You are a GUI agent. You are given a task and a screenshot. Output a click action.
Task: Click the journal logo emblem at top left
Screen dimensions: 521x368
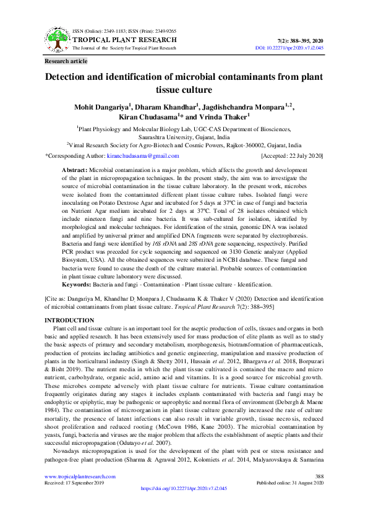click(58, 38)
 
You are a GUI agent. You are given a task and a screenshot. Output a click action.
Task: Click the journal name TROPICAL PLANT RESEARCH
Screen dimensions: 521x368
click(124, 39)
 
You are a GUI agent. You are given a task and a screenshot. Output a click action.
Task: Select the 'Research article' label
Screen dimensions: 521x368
click(66, 61)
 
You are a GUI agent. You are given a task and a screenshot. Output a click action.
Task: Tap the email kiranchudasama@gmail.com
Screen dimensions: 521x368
click(143, 156)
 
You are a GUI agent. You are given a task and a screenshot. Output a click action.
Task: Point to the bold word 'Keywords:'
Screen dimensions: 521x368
click(76, 284)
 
